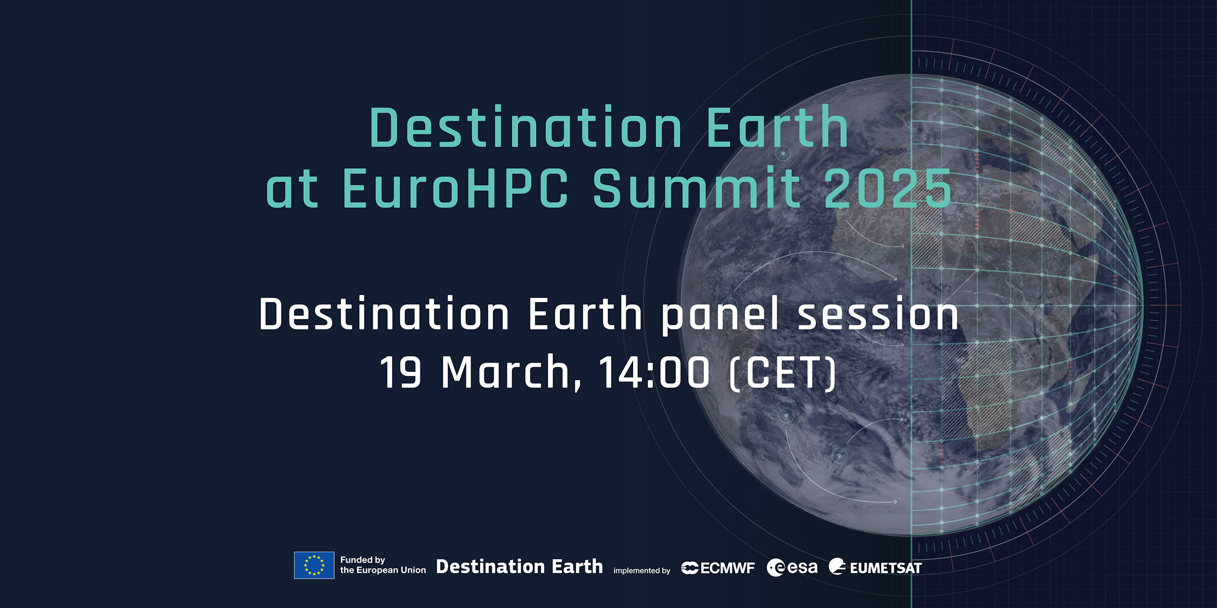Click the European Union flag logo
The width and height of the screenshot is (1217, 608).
[314, 565]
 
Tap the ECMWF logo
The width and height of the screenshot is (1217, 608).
[718, 568]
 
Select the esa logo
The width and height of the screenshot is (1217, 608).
[792, 567]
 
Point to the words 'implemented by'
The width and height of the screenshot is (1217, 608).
[641, 571]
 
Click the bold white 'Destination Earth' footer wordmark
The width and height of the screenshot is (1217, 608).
[519, 566]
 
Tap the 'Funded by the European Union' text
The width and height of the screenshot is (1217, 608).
[383, 565]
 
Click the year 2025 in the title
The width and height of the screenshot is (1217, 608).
[888, 188]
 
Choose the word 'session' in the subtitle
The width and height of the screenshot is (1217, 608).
[878, 315]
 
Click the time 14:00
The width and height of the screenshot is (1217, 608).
[654, 372]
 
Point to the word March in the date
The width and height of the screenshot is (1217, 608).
[506, 372]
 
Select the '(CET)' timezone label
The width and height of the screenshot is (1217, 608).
[782, 373]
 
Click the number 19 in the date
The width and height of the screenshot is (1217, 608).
[401, 372]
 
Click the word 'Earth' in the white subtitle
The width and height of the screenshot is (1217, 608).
[586, 314]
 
